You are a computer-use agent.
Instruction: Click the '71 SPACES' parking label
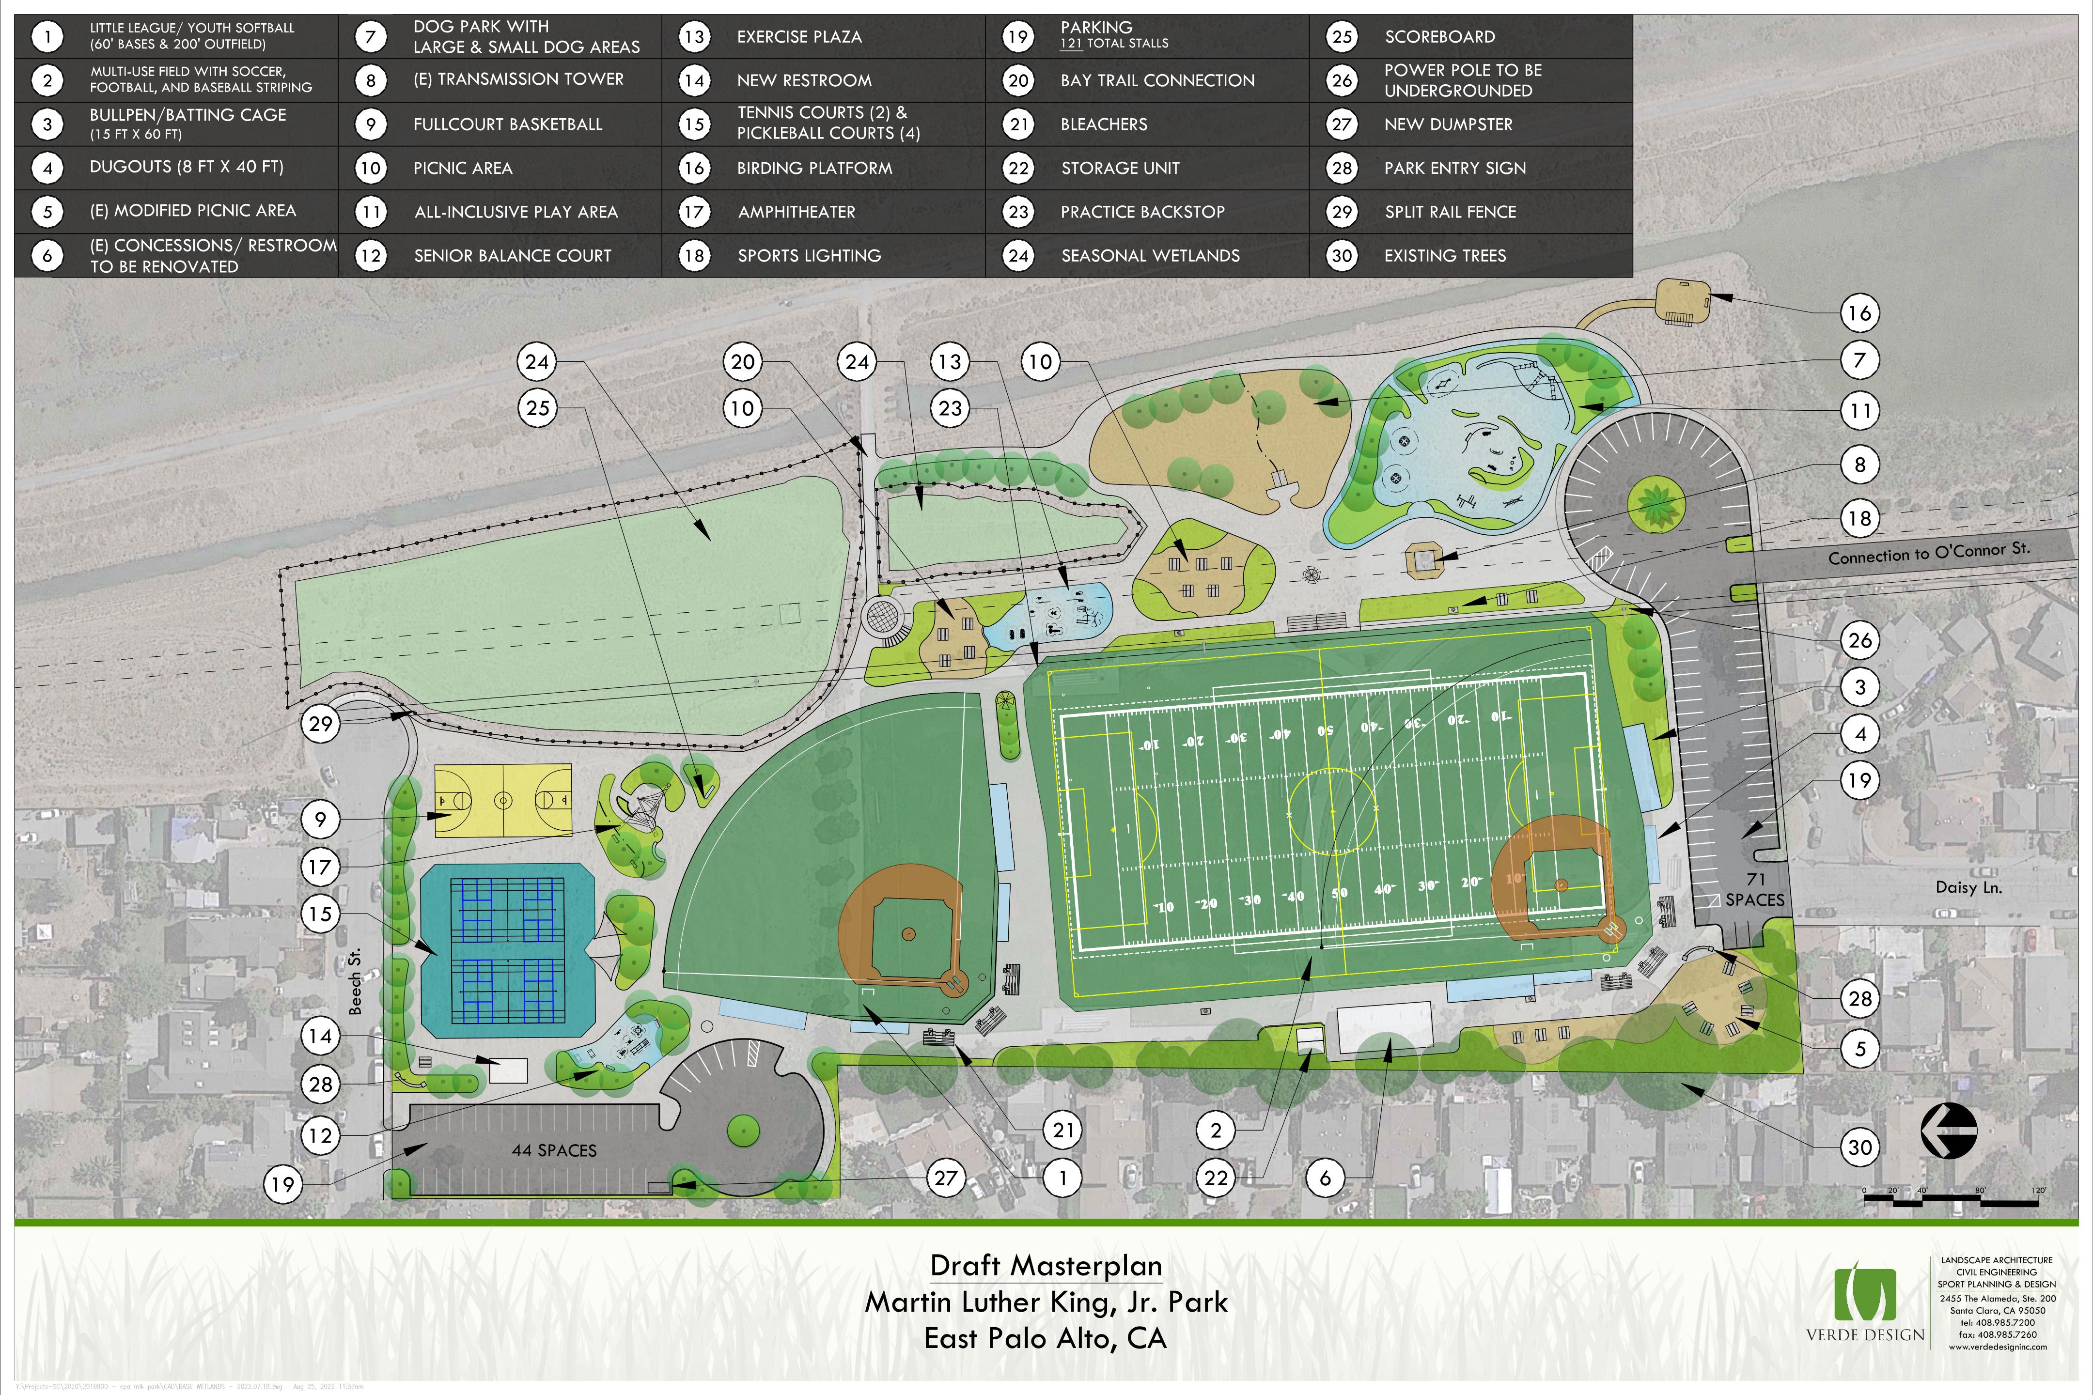click(x=1755, y=890)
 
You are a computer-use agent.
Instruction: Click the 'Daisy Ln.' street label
click(x=1968, y=887)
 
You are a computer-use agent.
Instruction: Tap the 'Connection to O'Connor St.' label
click(x=1928, y=553)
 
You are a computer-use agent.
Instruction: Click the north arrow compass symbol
click(x=1949, y=1131)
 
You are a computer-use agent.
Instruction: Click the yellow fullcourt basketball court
click(x=503, y=801)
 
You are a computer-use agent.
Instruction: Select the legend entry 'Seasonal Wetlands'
click(x=1150, y=255)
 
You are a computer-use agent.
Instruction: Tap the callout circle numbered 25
click(x=537, y=408)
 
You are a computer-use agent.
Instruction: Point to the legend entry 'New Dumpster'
click(x=1448, y=124)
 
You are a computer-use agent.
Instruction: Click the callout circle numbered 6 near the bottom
click(x=1325, y=1178)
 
